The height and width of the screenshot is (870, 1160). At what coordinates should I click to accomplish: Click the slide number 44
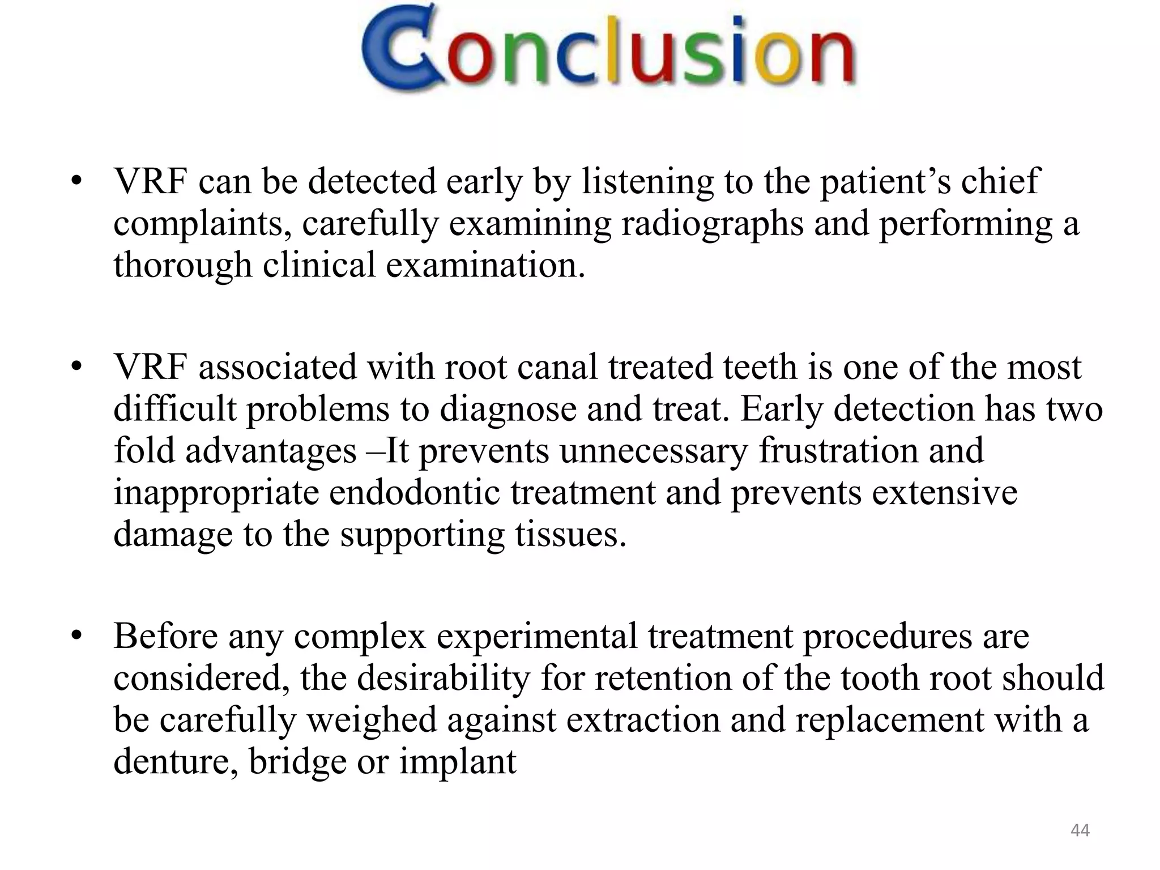[x=1080, y=830]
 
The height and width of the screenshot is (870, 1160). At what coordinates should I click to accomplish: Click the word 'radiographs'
[x=713, y=223]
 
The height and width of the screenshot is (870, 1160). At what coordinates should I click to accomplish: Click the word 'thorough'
[x=182, y=265]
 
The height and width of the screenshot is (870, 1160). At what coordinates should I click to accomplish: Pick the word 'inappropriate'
[x=216, y=492]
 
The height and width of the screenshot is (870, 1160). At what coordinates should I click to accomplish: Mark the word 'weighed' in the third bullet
[x=373, y=719]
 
